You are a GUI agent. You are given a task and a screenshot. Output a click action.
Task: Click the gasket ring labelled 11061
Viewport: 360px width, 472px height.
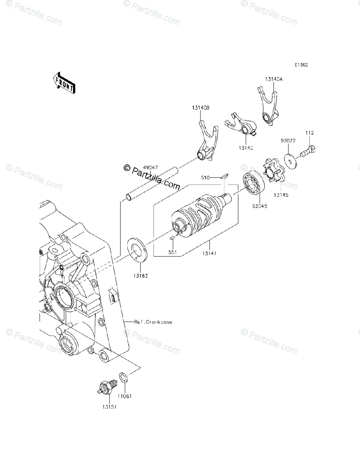pos(123,378)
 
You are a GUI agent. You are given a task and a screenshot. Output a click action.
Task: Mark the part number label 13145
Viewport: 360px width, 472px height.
pos(280,195)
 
